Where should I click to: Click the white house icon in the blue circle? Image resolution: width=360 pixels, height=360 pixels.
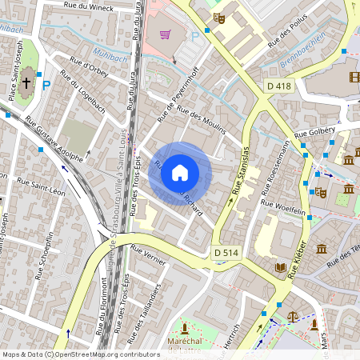(x=180, y=173)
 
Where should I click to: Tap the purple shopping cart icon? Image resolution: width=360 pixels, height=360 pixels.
(x=165, y=34)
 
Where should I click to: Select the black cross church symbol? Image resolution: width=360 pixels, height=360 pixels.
(x=26, y=82)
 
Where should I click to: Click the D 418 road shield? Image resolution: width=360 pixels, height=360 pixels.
(x=279, y=86)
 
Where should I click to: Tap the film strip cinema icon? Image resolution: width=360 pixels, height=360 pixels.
(x=354, y=78)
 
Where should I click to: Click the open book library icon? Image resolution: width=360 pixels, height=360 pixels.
(x=280, y=266)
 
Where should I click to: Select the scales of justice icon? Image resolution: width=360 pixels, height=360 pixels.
(x=292, y=316)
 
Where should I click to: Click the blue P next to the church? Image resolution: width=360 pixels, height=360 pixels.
(x=46, y=84)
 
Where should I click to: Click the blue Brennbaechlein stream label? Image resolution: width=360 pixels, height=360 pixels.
(x=302, y=52)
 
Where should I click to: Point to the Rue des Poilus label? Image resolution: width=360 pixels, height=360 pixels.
(x=289, y=32)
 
